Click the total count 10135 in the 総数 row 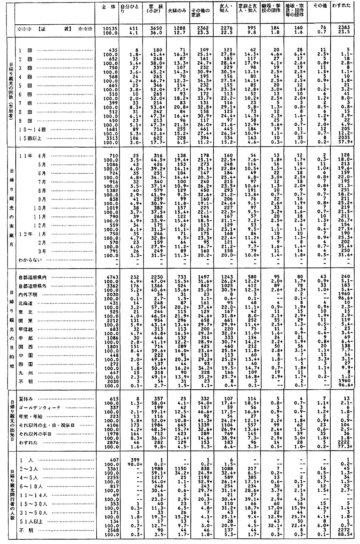point(108,27)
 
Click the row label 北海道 point(26,303)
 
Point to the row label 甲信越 point(26,329)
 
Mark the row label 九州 point(25,373)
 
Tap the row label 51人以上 point(30,521)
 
